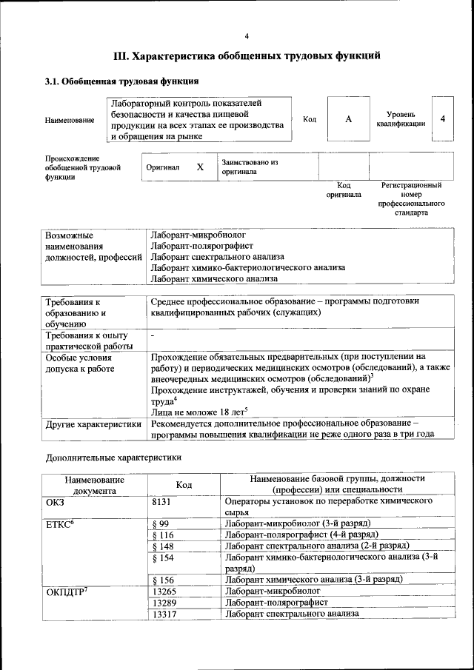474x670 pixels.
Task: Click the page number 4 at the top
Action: point(247,36)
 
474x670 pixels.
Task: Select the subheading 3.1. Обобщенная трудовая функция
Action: point(121,81)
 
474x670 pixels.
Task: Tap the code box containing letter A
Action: point(348,119)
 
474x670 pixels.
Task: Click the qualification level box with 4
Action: point(442,119)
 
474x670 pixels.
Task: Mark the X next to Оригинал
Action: point(200,167)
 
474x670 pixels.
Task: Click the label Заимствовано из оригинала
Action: point(249,167)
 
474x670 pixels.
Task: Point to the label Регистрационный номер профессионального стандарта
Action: point(411,198)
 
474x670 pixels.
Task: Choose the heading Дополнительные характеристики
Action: point(113,457)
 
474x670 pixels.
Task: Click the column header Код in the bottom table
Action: point(184,485)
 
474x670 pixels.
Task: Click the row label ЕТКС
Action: point(61,524)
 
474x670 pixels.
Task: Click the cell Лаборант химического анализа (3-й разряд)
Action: point(313,580)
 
